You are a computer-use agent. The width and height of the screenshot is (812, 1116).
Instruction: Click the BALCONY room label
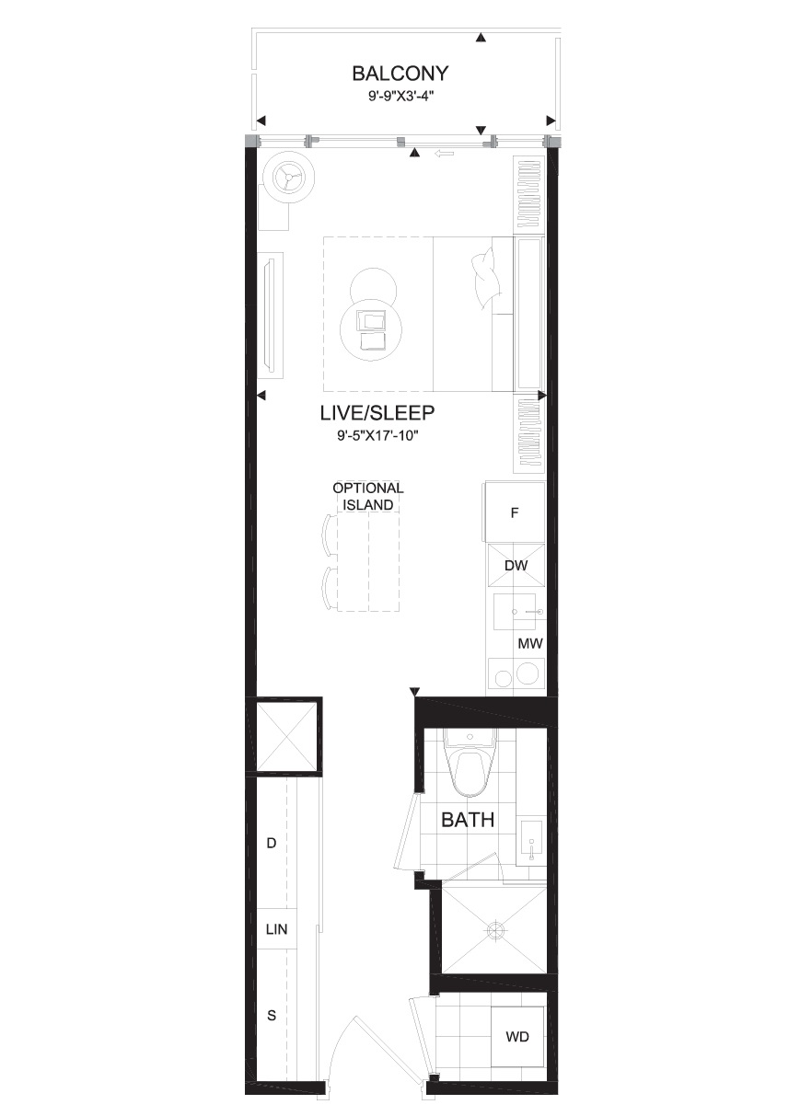pos(400,74)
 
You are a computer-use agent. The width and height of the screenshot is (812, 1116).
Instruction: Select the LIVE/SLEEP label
pos(377,412)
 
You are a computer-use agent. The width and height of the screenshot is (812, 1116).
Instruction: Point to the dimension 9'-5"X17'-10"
pos(377,436)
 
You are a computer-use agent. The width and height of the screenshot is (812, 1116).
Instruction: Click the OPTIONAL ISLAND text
pos(368,496)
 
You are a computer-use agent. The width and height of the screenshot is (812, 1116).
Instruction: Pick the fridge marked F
pos(514,512)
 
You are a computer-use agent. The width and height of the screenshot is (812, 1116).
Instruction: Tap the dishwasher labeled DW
pos(516,565)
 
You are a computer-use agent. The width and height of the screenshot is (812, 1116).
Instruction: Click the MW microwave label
pos(530,644)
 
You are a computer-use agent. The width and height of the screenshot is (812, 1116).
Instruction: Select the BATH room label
pos(468,820)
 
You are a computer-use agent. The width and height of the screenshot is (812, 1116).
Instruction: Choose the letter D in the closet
pos(272,843)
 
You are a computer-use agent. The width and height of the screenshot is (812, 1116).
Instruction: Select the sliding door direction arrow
pos(444,154)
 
